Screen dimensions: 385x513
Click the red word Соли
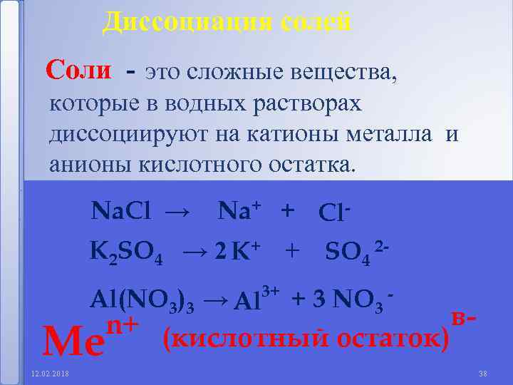[x=78, y=70]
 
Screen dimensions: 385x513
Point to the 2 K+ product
[x=239, y=251]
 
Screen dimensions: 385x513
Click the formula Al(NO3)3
[x=142, y=300]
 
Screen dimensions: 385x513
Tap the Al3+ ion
[x=256, y=299]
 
